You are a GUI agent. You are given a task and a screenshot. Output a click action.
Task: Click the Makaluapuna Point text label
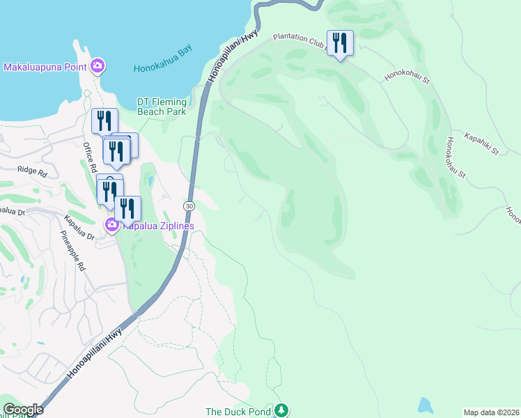[45, 67]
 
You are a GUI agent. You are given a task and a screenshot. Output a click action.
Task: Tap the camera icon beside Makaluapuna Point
[98, 66]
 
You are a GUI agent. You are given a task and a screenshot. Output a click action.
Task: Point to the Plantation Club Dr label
[300, 39]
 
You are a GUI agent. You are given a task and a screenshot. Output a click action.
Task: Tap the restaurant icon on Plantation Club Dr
[340, 43]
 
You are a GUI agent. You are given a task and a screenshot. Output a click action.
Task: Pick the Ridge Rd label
[33, 172]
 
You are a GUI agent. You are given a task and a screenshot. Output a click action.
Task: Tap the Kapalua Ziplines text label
[158, 226]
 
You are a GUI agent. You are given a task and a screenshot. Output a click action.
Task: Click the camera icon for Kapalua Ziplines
[111, 225]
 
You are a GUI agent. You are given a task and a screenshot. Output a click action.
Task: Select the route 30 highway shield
[189, 207]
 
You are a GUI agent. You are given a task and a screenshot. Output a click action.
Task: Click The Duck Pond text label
[238, 412]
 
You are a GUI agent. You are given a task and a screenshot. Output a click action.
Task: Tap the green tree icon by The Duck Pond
[281, 410]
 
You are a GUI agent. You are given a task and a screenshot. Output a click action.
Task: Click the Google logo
[23, 410]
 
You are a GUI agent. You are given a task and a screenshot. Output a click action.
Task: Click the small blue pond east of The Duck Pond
[423, 405]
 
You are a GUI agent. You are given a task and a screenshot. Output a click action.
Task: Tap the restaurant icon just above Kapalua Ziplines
[127, 208]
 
